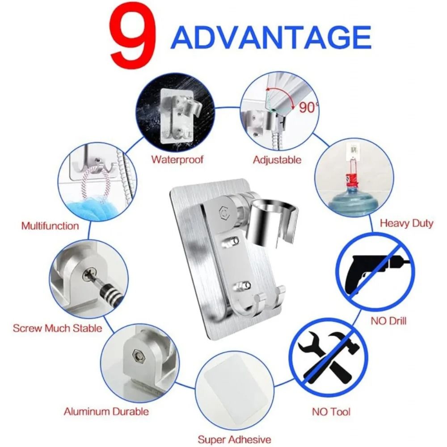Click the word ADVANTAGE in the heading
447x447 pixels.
271,38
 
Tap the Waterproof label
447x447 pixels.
177,159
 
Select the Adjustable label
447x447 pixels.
277,160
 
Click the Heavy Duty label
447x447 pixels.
406,223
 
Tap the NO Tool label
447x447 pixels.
331,412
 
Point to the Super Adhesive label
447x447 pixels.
234,439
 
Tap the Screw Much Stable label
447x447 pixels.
57,329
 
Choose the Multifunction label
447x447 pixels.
50,226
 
